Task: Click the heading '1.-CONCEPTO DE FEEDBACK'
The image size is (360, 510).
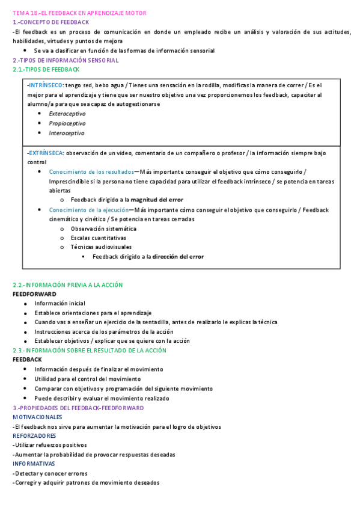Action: coord(50,22)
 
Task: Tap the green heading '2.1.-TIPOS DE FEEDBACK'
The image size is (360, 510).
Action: coord(46,70)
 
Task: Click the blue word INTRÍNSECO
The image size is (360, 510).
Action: coord(47,85)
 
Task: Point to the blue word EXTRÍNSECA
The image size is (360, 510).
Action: coord(46,153)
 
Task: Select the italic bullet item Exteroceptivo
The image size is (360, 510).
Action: coord(67,114)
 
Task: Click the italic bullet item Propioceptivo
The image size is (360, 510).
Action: coord(67,123)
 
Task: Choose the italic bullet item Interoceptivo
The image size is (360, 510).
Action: coord(67,133)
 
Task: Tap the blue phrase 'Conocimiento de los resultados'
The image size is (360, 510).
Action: coord(91,171)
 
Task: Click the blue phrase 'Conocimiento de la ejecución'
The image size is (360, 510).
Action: coord(89,210)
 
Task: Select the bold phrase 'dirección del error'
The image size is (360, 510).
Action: coord(178,256)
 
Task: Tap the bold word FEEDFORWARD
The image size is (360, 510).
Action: coord(34,294)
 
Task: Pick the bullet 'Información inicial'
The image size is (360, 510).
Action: coord(59,303)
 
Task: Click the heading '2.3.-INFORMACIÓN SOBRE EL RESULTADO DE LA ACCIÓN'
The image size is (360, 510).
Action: coord(90,351)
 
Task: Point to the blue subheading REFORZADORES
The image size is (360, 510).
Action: coord(34,435)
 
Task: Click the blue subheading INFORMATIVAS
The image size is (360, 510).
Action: coord(34,464)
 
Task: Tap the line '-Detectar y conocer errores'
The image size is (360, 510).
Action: coord(50,473)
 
